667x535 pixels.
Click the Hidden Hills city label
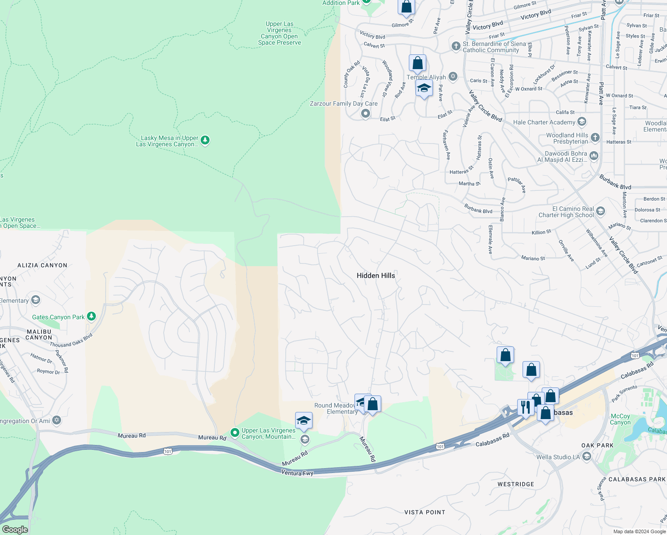(x=376, y=276)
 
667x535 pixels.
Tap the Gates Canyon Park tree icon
(x=91, y=317)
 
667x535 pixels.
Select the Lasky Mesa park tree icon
(x=205, y=141)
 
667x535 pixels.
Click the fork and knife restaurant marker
(x=525, y=407)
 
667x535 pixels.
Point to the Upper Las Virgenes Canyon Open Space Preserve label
(x=280, y=33)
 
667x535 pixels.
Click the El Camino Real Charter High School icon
(x=601, y=211)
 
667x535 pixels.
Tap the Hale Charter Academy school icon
(x=581, y=122)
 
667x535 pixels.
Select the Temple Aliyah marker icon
(x=453, y=77)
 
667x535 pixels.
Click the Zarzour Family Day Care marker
(x=366, y=114)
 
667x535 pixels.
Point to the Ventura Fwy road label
(x=297, y=473)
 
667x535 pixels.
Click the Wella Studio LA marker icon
(x=587, y=457)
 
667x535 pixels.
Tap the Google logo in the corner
(x=15, y=530)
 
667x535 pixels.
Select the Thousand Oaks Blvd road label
(x=71, y=340)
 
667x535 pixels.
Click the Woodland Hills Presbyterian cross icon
(x=595, y=138)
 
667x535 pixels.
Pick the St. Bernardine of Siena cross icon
(x=456, y=46)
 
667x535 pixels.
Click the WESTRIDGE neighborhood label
(x=515, y=484)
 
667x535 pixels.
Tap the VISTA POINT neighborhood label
(x=424, y=512)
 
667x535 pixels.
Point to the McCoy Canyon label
(x=620, y=419)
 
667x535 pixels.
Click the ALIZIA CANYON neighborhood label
(x=42, y=265)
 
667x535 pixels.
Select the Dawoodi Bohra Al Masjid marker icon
(x=593, y=156)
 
